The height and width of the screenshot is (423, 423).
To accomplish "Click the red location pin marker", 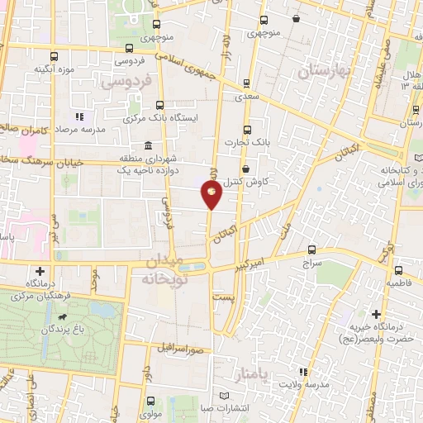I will click(x=212, y=195).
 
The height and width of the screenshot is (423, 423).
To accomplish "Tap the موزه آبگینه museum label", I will click(x=56, y=69).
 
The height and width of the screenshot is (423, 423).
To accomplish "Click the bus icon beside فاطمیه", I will click(x=397, y=270).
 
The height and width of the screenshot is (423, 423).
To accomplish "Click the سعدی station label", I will click(x=247, y=96).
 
